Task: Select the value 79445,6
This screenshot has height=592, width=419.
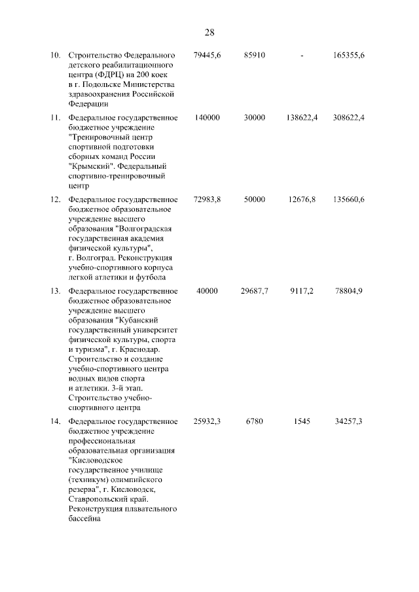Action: [x=208, y=55]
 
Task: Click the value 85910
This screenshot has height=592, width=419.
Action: [x=254, y=55]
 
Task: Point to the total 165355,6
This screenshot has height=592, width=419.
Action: [x=348, y=55]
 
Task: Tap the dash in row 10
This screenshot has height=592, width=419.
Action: [x=302, y=55]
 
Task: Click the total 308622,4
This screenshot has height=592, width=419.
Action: [x=348, y=117]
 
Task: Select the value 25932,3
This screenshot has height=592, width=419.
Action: [x=208, y=422]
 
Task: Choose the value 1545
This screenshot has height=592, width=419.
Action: [x=302, y=422]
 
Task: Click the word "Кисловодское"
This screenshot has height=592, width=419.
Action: [x=96, y=461]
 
